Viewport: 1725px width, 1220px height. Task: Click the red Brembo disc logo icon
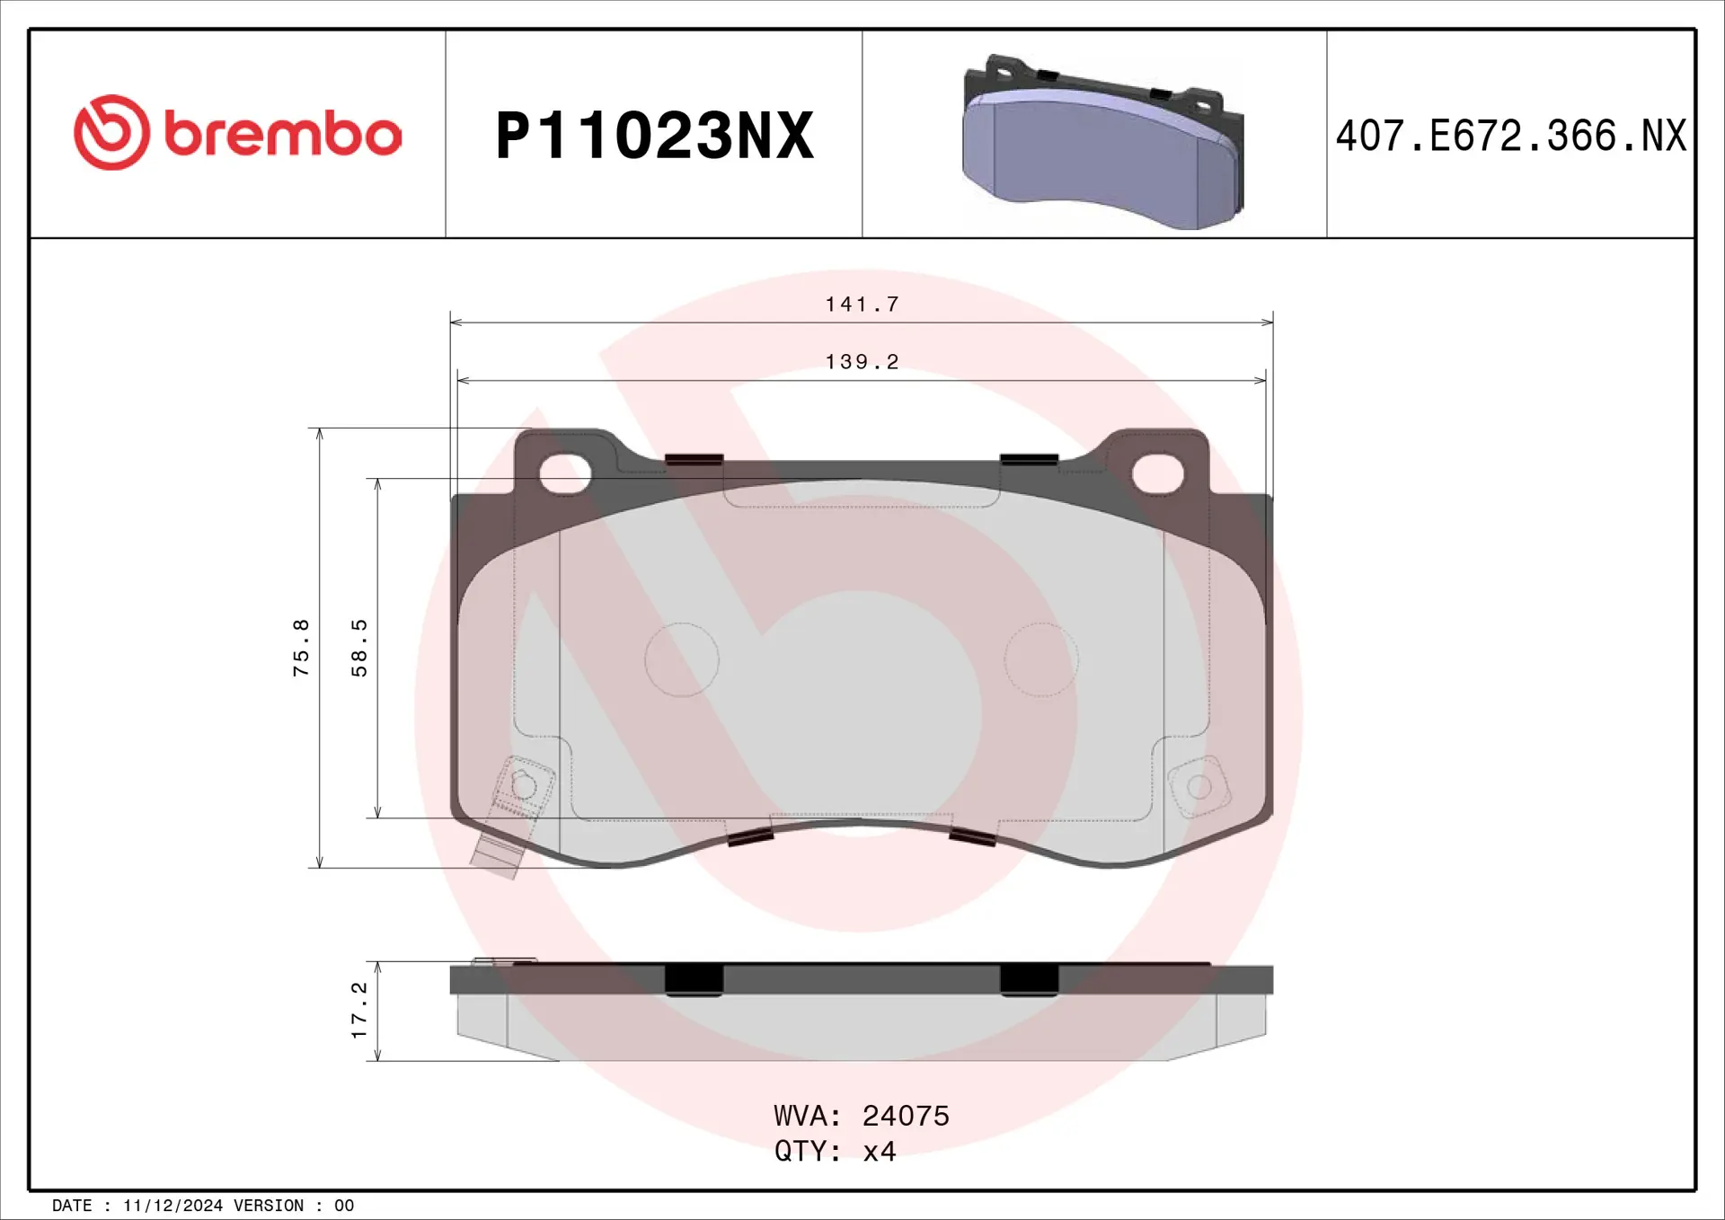[111, 132]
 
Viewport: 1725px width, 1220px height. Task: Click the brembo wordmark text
[283, 134]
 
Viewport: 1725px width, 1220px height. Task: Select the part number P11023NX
[654, 137]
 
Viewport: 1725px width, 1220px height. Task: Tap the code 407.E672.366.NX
[1510, 137]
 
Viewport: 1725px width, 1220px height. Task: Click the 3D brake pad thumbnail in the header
[1102, 142]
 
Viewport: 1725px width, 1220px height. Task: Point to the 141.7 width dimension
[862, 305]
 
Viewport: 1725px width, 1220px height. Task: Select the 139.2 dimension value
[862, 362]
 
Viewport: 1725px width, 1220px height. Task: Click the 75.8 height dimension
[301, 648]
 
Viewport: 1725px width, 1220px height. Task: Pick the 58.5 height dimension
[359, 648]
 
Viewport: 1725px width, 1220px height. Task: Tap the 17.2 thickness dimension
[359, 1011]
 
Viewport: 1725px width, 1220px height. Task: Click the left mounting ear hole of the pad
[565, 473]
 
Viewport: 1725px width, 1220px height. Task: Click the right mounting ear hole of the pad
[1157, 473]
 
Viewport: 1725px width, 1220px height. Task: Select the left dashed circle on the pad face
[682, 659]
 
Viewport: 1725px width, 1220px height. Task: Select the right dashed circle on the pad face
[1040, 659]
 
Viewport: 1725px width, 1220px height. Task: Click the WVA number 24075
[906, 1116]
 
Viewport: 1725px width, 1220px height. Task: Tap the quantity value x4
[880, 1152]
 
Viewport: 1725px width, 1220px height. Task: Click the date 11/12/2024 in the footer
[172, 1206]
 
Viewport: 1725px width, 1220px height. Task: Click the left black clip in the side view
[694, 979]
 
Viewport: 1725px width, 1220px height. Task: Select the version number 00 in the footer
[344, 1206]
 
